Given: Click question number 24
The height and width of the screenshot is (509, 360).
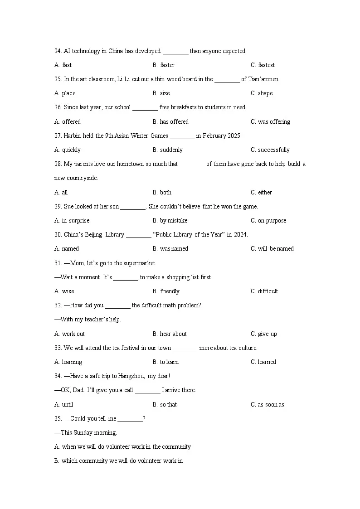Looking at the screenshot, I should tap(58, 51).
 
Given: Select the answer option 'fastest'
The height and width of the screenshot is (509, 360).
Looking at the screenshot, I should tap(266, 65).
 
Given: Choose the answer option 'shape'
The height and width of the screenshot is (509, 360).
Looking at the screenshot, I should tap(265, 93).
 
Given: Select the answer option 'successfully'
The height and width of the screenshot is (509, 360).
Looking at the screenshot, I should tap(273, 150).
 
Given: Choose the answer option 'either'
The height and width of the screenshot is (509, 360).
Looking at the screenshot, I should tap(265, 193).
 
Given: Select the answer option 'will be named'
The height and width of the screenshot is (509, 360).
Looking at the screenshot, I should tap(276, 249).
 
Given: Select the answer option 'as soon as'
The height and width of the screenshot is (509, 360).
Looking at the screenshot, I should tap(271, 405).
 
